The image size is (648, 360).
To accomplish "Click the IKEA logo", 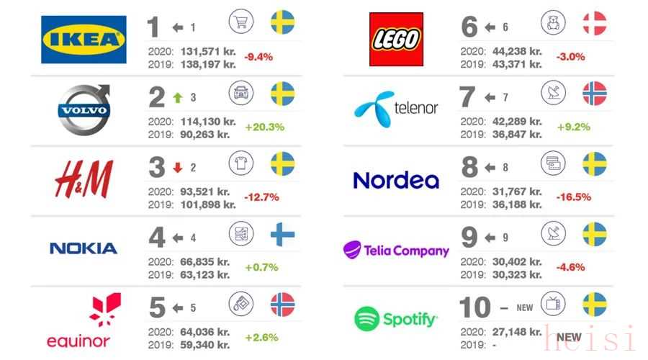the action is coord(84,40).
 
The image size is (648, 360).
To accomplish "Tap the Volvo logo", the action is coord(84,110).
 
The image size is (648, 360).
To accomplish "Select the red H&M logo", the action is coord(84,179).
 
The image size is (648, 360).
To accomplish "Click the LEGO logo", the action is coord(396,40).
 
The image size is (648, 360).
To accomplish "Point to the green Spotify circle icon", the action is coord(366,319).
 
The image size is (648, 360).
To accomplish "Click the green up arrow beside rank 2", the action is coord(178,97).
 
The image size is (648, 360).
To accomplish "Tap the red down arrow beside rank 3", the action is coord(178,167).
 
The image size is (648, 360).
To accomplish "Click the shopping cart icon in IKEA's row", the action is coord(241,22).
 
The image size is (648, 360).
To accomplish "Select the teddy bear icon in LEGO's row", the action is coord(553,22).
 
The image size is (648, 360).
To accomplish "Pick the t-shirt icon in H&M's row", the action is coord(241,163).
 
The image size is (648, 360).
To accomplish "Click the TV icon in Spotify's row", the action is coord(553,303).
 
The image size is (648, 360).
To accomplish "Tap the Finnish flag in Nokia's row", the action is coord(283,234).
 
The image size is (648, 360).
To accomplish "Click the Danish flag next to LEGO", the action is coord(595,23).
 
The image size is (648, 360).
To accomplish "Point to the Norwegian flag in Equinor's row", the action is coord(283,305).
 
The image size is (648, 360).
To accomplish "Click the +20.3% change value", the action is coord(264,127).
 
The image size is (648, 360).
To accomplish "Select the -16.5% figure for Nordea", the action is coord(573,197).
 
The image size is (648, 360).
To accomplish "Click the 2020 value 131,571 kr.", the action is coord(208,51).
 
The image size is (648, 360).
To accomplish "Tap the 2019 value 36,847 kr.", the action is coord(517,135).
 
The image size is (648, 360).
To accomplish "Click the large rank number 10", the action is coord(475,307).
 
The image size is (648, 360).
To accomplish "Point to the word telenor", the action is coord(415,108).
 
